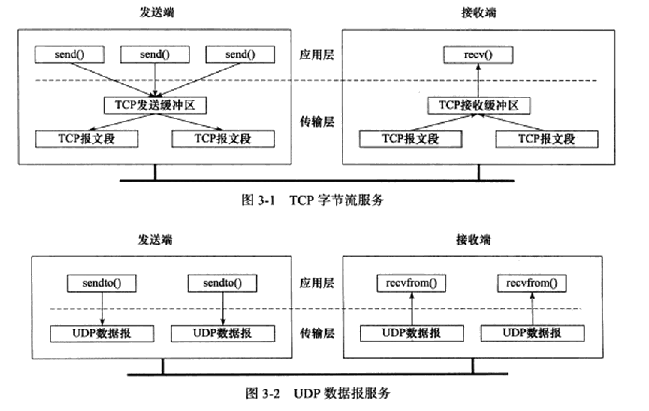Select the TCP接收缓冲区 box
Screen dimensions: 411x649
coord(479,105)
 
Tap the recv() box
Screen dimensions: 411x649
coord(478,55)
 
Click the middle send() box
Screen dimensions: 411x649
coord(155,54)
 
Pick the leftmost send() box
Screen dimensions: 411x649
coord(69,54)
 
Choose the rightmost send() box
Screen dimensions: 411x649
coord(240,54)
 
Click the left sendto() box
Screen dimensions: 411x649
coord(102,283)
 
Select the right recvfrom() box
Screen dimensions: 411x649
coord(531,283)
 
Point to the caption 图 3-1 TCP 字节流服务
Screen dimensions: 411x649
coord(312,200)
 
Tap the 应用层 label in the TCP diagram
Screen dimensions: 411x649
coord(317,55)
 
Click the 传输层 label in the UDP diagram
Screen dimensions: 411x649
coord(317,333)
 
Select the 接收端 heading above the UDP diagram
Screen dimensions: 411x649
coord(473,240)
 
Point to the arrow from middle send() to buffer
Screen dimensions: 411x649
coord(155,80)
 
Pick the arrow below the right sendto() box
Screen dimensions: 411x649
coord(223,308)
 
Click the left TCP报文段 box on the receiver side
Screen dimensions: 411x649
coord(410,139)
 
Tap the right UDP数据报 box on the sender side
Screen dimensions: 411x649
coord(223,333)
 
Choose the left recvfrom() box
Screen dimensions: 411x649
coord(411,283)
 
